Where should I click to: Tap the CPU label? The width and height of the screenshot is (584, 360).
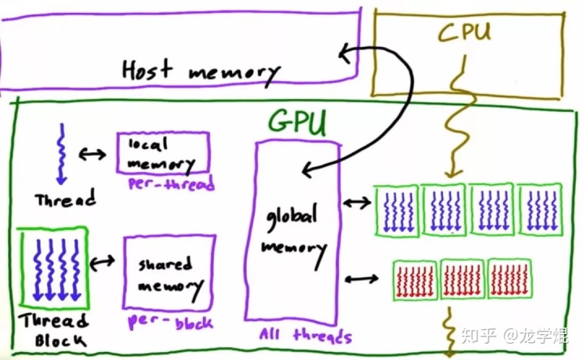pos(465,33)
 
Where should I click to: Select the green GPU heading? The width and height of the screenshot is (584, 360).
pos(298,122)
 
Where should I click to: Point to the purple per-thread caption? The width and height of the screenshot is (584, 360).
pos(170,184)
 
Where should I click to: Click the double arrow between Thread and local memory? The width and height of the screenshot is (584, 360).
pos(92,153)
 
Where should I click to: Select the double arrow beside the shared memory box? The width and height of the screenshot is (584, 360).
pos(103,262)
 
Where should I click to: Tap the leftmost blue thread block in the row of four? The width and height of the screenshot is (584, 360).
pos(396,211)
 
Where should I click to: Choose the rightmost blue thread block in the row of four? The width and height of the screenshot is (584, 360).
pos(539,211)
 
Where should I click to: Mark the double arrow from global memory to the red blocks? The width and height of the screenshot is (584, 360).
pos(362,280)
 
